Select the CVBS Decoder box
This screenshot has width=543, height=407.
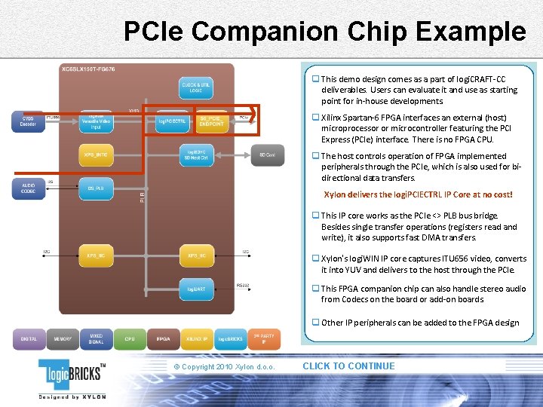tap(28, 121)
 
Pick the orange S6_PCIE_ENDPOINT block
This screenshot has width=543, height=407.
tap(211, 121)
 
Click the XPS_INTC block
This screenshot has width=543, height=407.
tap(96, 155)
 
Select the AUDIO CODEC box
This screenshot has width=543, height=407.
tap(28, 188)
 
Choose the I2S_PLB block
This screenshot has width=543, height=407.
tap(96, 188)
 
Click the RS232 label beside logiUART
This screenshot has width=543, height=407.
tap(242, 285)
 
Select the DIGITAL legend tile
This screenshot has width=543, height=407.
tap(29, 339)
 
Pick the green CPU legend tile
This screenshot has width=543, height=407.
tap(130, 339)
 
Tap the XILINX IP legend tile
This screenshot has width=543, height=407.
tap(198, 339)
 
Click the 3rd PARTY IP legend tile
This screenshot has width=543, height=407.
tap(264, 339)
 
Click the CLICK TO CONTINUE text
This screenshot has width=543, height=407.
tap(348, 366)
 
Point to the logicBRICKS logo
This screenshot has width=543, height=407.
tap(72, 376)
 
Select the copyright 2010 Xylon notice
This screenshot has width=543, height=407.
tap(224, 367)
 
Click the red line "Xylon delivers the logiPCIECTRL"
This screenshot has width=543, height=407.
tap(418, 194)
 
